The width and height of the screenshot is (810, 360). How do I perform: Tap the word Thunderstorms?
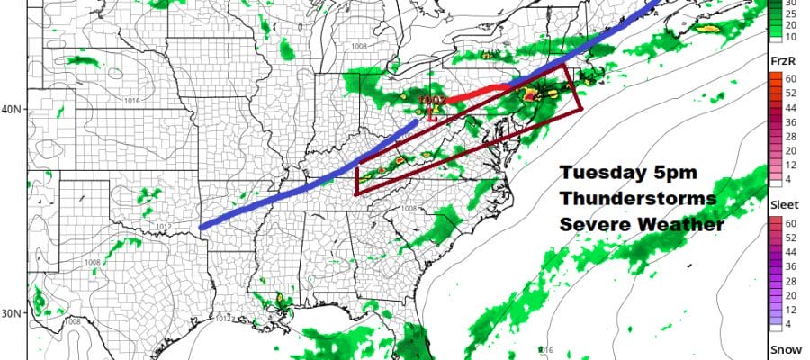click(637, 198)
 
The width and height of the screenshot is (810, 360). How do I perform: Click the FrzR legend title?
click(782, 60)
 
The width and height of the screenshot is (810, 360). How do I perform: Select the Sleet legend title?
click(782, 203)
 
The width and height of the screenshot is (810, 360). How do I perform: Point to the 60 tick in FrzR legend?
click(776, 79)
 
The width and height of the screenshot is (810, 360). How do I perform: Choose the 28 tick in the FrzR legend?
click(776, 137)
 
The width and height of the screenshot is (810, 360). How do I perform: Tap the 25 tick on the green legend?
click(776, 15)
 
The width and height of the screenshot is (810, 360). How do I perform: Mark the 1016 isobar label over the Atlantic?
click(545, 349)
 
